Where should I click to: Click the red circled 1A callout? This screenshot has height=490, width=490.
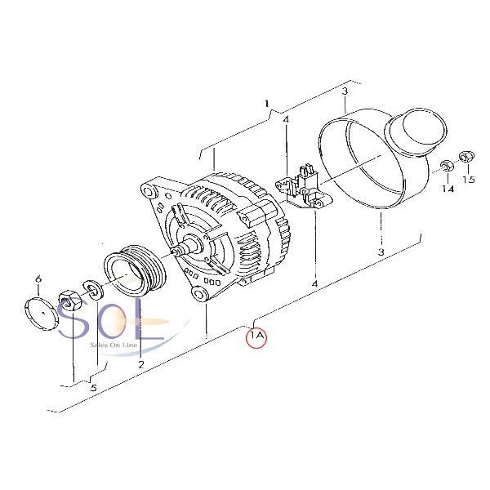256,336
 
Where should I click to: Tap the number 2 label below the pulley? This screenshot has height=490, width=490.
141,364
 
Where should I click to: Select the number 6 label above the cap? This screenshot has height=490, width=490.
38,278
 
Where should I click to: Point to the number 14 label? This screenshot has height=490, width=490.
448,189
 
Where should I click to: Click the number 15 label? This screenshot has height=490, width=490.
469,180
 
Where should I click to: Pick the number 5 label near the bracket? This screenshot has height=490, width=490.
93,388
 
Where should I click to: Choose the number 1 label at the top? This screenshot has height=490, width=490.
266,104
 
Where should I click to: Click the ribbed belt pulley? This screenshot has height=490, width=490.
135,272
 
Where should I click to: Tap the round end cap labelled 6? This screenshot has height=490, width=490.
42,314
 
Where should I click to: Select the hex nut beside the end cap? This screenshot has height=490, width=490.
70,301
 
